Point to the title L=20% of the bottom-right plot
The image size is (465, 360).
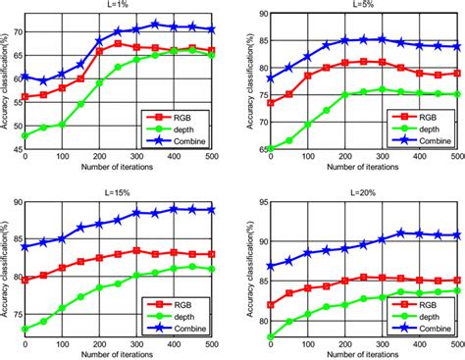pos(361,194)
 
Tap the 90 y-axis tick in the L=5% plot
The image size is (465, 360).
pos(252,14)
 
